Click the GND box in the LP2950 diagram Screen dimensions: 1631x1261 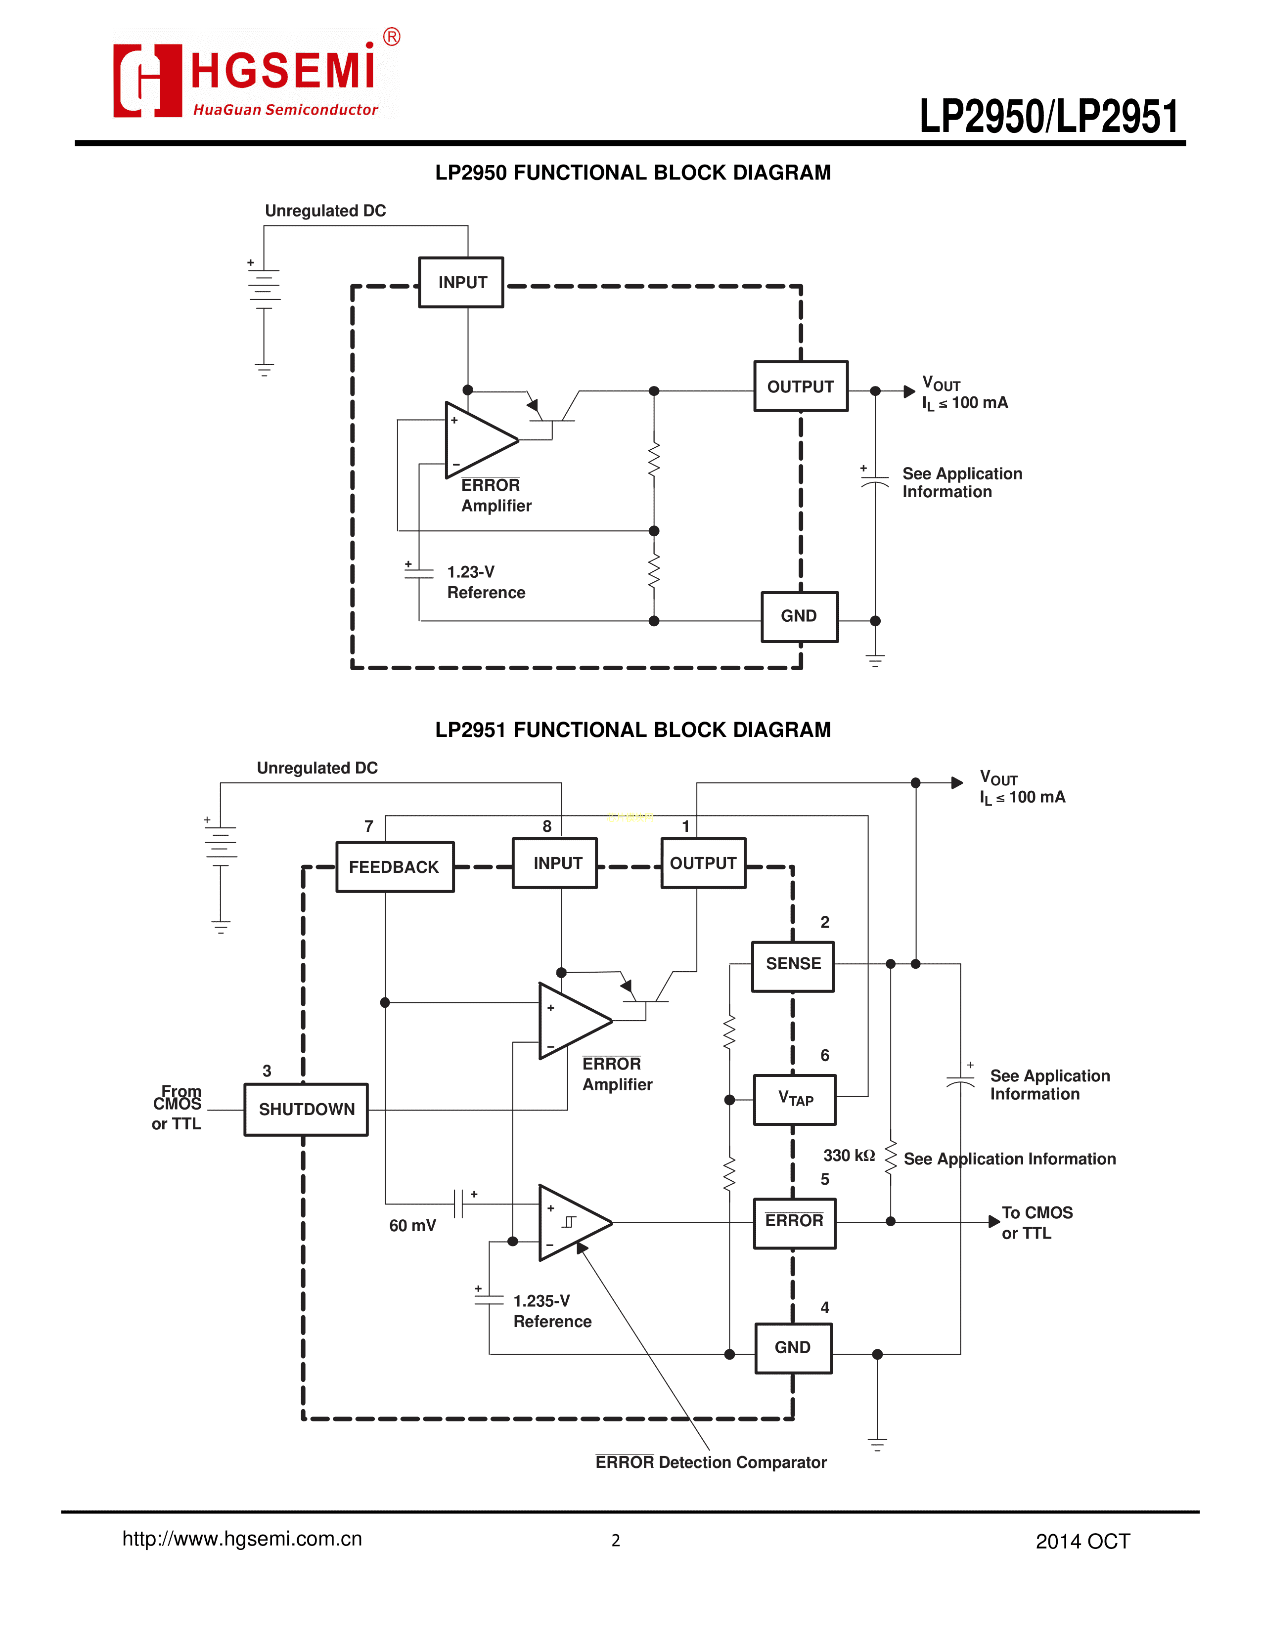(x=799, y=616)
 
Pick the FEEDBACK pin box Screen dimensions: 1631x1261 (x=395, y=867)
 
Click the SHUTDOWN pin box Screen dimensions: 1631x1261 (x=306, y=1110)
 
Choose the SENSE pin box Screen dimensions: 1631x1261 (x=793, y=964)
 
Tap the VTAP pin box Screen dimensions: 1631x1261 (x=795, y=1099)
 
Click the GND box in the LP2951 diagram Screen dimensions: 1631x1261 (x=793, y=1347)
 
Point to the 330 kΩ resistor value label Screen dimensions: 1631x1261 (x=849, y=1156)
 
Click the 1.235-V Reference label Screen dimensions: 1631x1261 (x=552, y=1311)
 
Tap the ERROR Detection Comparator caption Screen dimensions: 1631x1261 (x=711, y=1462)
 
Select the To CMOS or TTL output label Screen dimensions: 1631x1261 (x=1037, y=1222)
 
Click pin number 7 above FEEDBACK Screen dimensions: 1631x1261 (x=369, y=826)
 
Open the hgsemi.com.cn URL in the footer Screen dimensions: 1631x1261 (x=242, y=1539)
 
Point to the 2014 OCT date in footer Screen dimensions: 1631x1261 (x=1082, y=1542)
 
